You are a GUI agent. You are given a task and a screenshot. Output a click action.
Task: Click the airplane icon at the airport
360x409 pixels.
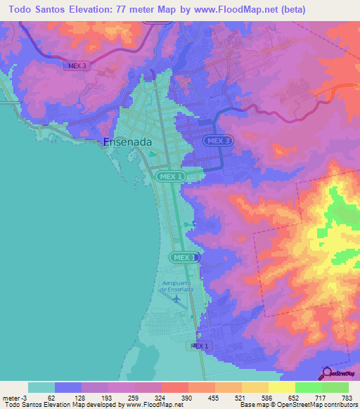(176, 299)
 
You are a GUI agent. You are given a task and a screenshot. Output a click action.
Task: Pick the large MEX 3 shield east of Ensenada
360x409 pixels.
(218, 141)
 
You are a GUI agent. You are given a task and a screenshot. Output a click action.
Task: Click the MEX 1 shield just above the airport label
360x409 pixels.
(186, 258)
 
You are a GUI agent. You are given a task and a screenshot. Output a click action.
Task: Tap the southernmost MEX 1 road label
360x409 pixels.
(200, 346)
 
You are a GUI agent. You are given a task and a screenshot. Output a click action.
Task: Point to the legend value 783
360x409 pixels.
(346, 398)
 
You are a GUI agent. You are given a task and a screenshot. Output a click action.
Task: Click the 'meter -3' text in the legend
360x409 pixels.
(13, 398)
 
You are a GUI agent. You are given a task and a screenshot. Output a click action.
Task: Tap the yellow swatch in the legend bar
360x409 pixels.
(281, 387)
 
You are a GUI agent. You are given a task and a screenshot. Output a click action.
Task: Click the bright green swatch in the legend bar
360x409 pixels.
(308, 387)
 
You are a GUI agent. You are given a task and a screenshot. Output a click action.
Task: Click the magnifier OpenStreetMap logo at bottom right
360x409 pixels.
(328, 372)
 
